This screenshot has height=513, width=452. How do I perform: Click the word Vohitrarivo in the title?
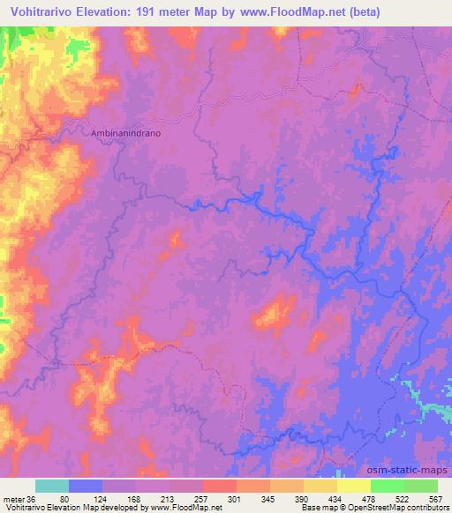41,11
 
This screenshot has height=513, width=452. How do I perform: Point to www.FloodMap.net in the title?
304,11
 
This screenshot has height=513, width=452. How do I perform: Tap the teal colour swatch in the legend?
52,486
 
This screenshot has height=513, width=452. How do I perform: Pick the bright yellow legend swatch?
354,486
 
